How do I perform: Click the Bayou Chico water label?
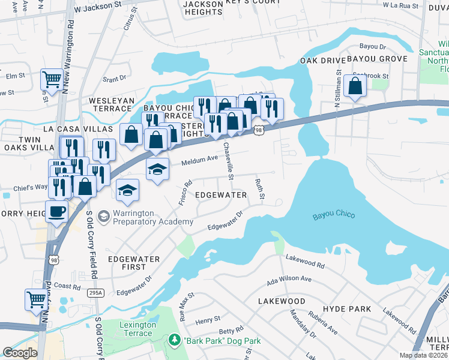[334, 215]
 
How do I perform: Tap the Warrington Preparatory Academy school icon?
[103, 215]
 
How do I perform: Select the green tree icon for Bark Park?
[175, 340]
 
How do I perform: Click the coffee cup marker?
[57, 212]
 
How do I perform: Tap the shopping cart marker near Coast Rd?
[36, 298]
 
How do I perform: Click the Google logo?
[20, 353]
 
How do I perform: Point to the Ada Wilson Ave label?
[289, 279]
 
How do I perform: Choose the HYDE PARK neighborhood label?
[346, 308]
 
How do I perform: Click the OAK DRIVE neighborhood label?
[323, 61]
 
